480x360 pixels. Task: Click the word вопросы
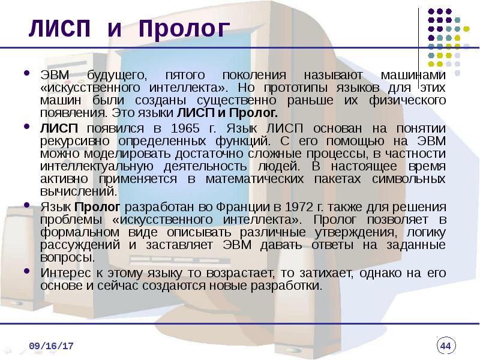67,258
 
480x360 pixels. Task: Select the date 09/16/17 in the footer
51,346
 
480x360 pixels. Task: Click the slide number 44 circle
446,346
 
